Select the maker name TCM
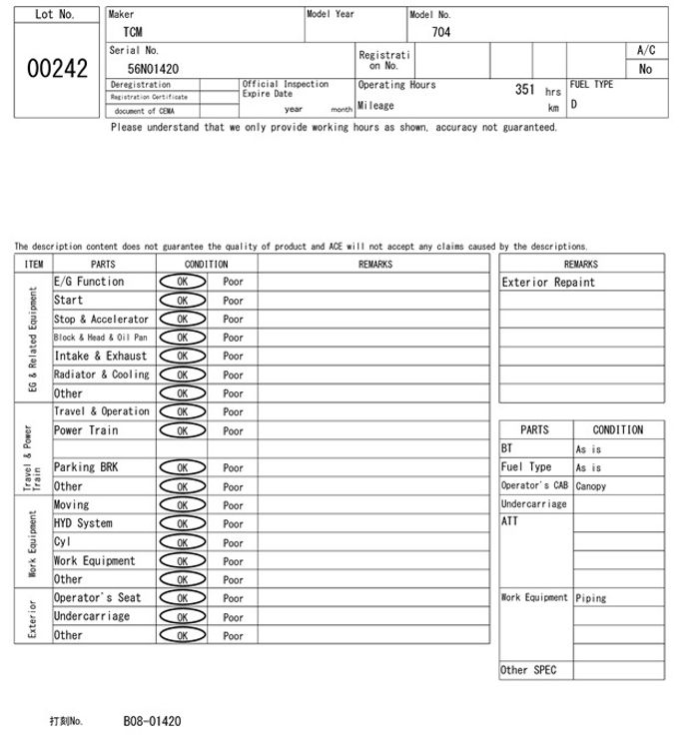tap(131, 32)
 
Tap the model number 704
tap(440, 32)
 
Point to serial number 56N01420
tap(153, 68)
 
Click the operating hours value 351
tap(525, 90)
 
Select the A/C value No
tap(645, 69)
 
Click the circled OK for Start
tap(182, 300)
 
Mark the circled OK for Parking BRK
tap(182, 467)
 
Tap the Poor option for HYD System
tap(233, 523)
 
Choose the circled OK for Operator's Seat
tap(182, 598)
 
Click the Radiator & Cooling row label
tap(101, 374)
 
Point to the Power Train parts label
tap(86, 430)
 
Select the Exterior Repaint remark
tap(548, 283)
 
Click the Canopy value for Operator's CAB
tap(590, 486)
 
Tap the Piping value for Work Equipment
tap(590, 598)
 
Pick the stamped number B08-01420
tap(152, 720)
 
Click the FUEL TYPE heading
tap(591, 85)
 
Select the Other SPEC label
tap(527, 670)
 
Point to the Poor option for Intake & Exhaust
tap(233, 356)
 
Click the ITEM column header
tap(34, 264)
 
